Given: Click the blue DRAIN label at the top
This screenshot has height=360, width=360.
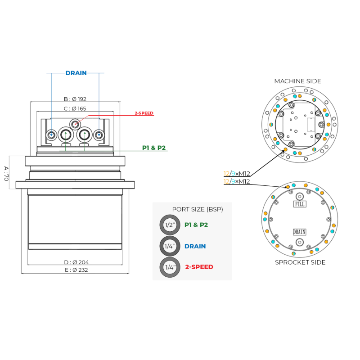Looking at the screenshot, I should click(76, 73).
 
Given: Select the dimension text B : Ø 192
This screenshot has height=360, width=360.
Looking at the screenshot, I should click(75, 99).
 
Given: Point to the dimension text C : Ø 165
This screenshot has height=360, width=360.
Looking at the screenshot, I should click(75, 108).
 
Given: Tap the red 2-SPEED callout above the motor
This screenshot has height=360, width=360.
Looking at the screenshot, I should click(144, 113).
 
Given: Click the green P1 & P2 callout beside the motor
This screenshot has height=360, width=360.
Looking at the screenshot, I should click(154, 148).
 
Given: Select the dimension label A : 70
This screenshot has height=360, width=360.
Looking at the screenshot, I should click(6, 173).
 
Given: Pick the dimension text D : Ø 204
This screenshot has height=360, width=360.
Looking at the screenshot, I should click(76, 262).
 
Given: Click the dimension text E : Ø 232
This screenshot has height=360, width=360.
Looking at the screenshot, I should click(76, 270).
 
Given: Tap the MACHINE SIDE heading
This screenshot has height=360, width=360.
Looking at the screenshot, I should click(297, 81).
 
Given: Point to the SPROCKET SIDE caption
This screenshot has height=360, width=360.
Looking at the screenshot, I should click(300, 262).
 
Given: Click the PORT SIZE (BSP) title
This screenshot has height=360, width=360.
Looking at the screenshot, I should click(198, 209).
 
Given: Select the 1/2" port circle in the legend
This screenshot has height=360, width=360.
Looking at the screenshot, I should click(170, 225).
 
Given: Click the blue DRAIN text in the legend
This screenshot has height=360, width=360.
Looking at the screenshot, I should click(195, 247).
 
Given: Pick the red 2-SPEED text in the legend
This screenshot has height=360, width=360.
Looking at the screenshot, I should click(199, 267).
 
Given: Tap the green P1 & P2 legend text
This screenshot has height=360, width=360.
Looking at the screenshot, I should click(196, 225).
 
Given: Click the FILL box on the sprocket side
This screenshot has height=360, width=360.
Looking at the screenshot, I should click(300, 204).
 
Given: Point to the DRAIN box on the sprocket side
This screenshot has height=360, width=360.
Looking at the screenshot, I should click(300, 232).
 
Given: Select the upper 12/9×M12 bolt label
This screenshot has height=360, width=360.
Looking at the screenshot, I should click(237, 174).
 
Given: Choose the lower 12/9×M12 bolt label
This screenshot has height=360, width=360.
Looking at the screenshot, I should click(237, 182).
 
